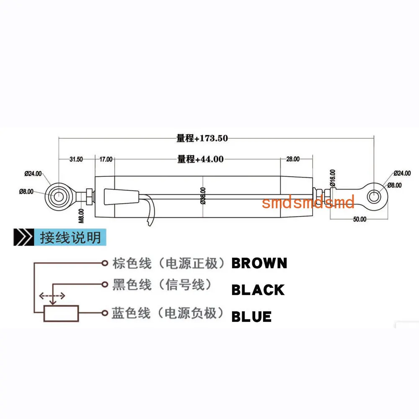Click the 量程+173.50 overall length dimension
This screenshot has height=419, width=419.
coord(202,138)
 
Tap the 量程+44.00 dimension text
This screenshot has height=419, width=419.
coord(200,159)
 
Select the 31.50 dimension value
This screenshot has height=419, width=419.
coord(76,159)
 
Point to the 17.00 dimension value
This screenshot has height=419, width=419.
coord(106,159)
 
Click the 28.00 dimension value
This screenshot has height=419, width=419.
coord(293,159)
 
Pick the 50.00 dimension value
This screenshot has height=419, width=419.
coord(360,219)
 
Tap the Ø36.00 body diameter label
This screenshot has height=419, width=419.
coord(203,196)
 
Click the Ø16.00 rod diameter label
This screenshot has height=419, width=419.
coord(332,178)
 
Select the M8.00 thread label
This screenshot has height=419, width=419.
coord(82,216)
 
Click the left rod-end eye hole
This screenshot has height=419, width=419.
coord(58,197)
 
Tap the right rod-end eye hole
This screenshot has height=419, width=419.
coord(374,196)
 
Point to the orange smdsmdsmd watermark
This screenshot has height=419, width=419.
coord(308,202)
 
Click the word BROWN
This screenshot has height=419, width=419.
coord(259,263)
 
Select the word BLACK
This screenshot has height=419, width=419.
coord(258,290)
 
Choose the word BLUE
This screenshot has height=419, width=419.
coord(251,317)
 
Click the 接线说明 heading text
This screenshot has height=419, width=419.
coord(70,237)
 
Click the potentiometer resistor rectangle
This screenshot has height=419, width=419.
coord(61,313)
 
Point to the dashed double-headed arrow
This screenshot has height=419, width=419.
coord(52,296)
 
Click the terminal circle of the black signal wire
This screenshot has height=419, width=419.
coord(105,285)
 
